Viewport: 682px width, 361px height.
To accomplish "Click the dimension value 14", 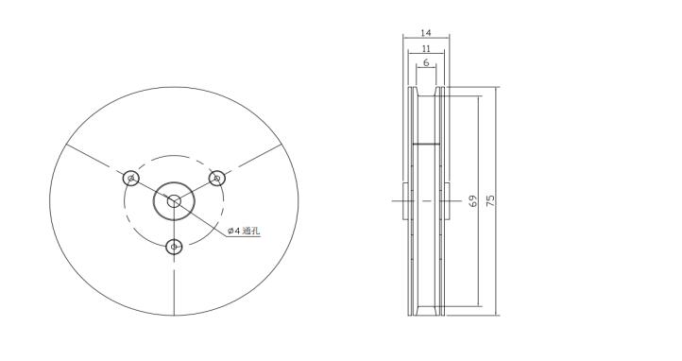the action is pos(426,33).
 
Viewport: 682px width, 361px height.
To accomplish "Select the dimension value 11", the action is pos(426,48).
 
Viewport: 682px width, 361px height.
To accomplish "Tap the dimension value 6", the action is pos(426,62).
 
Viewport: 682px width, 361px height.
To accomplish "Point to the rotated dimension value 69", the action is pos(473,200).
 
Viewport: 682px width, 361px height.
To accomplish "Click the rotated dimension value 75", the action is pos(490,200).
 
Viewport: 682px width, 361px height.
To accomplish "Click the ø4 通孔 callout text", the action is pos(244,231).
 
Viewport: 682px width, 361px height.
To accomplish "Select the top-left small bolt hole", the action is pos(130,178).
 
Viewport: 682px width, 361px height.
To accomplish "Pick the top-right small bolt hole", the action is pos(216,179).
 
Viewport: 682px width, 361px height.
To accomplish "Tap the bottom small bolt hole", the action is pos(174,247).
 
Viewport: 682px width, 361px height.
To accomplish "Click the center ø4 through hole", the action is pos(174,201).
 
